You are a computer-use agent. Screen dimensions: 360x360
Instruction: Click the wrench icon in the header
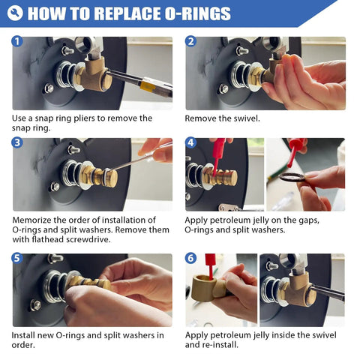pos(15,13)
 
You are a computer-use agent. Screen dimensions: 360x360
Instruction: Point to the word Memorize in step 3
pos(34,219)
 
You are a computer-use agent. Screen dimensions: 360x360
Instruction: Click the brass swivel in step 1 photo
pos(89,76)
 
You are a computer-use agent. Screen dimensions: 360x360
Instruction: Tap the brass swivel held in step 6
pos(217,289)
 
